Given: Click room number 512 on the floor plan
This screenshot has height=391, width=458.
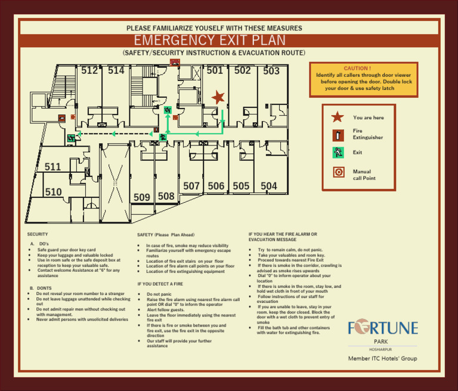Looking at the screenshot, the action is pos(89,71).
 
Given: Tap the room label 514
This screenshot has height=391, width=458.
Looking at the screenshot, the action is pos(116,71).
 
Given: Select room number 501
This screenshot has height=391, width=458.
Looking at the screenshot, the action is pos(215,71).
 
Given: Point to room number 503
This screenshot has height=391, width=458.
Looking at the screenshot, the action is pos(271,71).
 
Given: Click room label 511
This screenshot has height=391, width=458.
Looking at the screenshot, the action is pos(53,167).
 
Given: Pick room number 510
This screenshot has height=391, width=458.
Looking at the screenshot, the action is pos(53,193).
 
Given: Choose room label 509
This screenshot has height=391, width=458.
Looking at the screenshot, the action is pos(142,197).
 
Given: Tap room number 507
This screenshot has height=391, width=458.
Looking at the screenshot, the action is pos(191,187).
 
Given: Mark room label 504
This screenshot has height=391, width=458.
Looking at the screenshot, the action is pos(269,187).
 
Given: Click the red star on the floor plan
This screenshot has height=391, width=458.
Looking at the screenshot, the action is pos(218,97).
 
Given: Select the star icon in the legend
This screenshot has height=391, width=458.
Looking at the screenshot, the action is pos(338,117).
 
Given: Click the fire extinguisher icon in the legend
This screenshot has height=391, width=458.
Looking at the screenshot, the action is pos(338,134).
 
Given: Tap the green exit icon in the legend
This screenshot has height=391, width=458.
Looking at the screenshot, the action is pos(338,152).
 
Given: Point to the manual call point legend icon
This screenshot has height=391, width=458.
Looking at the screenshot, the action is pos(338,172).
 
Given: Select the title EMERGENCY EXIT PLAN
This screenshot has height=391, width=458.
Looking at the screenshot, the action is pos(210,41).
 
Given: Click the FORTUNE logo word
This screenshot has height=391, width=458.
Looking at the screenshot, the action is pos(383,328).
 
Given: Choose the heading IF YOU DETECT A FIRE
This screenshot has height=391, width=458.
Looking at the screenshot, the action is pos(160,284).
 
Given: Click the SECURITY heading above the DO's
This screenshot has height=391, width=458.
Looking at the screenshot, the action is pos(38,234).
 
